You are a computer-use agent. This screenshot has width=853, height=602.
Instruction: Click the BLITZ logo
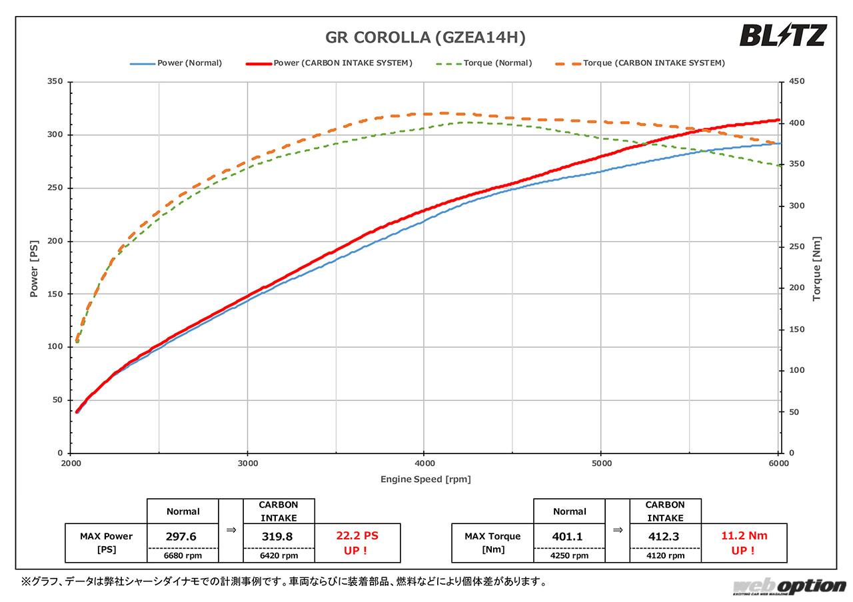click(782, 35)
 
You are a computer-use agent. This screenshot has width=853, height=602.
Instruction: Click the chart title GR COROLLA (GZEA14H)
click(425, 37)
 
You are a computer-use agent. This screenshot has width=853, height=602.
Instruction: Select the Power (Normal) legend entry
click(176, 63)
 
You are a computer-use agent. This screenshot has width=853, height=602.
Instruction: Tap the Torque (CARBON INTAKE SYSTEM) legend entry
click(639, 63)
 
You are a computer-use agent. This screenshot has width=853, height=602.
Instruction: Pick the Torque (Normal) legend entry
click(484, 63)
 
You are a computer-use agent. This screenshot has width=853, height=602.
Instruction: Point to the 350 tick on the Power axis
click(55, 82)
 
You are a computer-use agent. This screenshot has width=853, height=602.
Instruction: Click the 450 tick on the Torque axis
click(797, 82)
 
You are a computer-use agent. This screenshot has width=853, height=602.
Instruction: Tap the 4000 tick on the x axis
click(424, 463)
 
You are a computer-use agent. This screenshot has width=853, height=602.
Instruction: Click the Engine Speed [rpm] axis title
click(425, 479)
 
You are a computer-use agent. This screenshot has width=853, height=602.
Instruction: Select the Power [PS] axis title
click(34, 268)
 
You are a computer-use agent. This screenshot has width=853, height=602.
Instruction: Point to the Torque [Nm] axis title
click(817, 268)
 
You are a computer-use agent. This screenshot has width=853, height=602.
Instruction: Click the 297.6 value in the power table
click(182, 536)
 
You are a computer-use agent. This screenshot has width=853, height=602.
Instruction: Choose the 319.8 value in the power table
click(279, 536)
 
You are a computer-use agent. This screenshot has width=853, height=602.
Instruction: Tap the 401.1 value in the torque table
click(569, 536)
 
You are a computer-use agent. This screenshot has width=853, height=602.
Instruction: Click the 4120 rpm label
click(665, 555)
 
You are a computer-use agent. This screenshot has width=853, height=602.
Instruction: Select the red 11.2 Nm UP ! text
click(744, 543)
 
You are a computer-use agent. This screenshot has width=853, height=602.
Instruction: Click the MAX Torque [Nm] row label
click(492, 543)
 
